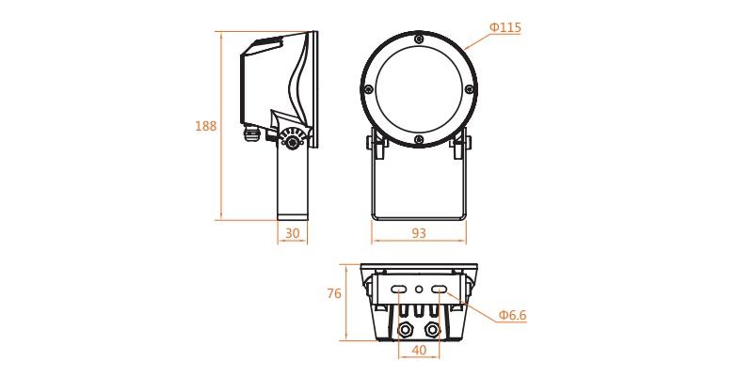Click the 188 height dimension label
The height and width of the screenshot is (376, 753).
205,126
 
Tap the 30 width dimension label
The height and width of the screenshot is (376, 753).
292,233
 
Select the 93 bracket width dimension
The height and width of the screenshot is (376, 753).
419,233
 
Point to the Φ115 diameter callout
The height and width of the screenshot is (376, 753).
505,28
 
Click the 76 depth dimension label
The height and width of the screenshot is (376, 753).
333,293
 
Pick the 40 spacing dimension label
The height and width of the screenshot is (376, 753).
419,350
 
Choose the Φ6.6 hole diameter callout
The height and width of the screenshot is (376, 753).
512,316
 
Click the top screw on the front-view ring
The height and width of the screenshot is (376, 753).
419,38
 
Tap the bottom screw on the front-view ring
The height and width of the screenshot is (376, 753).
419,140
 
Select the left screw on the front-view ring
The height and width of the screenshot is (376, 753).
368,88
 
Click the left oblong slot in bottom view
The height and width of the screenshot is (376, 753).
399,290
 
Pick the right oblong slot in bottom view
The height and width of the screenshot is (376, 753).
439,290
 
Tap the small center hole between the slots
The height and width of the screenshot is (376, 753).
419,290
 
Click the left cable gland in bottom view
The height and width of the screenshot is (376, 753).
406,330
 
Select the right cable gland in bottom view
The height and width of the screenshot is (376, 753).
432,330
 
